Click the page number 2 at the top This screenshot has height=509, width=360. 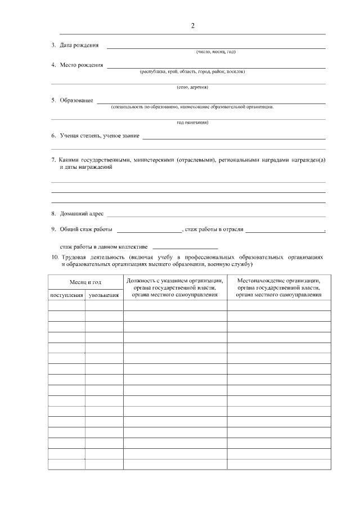193,26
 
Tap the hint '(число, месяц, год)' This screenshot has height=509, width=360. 215,52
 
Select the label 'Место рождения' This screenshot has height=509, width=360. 82,65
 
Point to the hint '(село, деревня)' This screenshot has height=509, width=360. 192,87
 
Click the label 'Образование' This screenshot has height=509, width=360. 76,100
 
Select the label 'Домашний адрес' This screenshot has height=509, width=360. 82,214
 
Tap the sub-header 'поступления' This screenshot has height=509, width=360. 67,295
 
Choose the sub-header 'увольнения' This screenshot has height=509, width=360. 104,295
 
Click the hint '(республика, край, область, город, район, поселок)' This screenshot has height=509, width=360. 192,71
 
